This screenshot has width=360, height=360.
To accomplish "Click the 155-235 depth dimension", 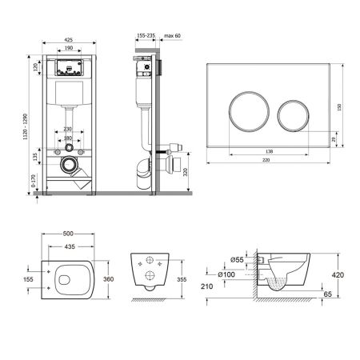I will coord(146,36).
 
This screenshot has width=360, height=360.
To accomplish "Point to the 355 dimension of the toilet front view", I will coord(180,280).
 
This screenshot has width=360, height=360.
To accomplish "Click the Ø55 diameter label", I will coord(238,261).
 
